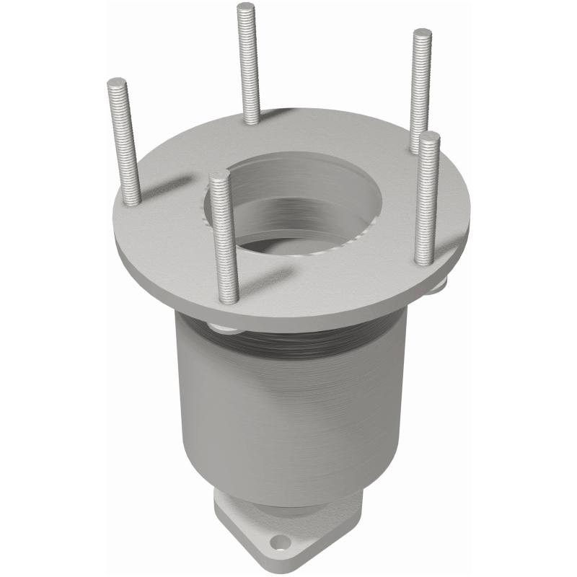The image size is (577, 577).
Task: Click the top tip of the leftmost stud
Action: (x=117, y=82)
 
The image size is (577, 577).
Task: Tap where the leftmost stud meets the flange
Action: (x=132, y=201)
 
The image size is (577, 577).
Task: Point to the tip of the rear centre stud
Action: (x=246, y=7)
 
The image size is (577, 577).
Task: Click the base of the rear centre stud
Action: (x=252, y=120)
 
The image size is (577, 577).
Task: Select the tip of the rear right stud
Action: (x=423, y=33)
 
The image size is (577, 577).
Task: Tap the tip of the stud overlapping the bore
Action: (x=219, y=175)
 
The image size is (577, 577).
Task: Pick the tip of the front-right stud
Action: (x=431, y=137)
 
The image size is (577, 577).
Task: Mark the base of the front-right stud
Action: (x=425, y=260)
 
